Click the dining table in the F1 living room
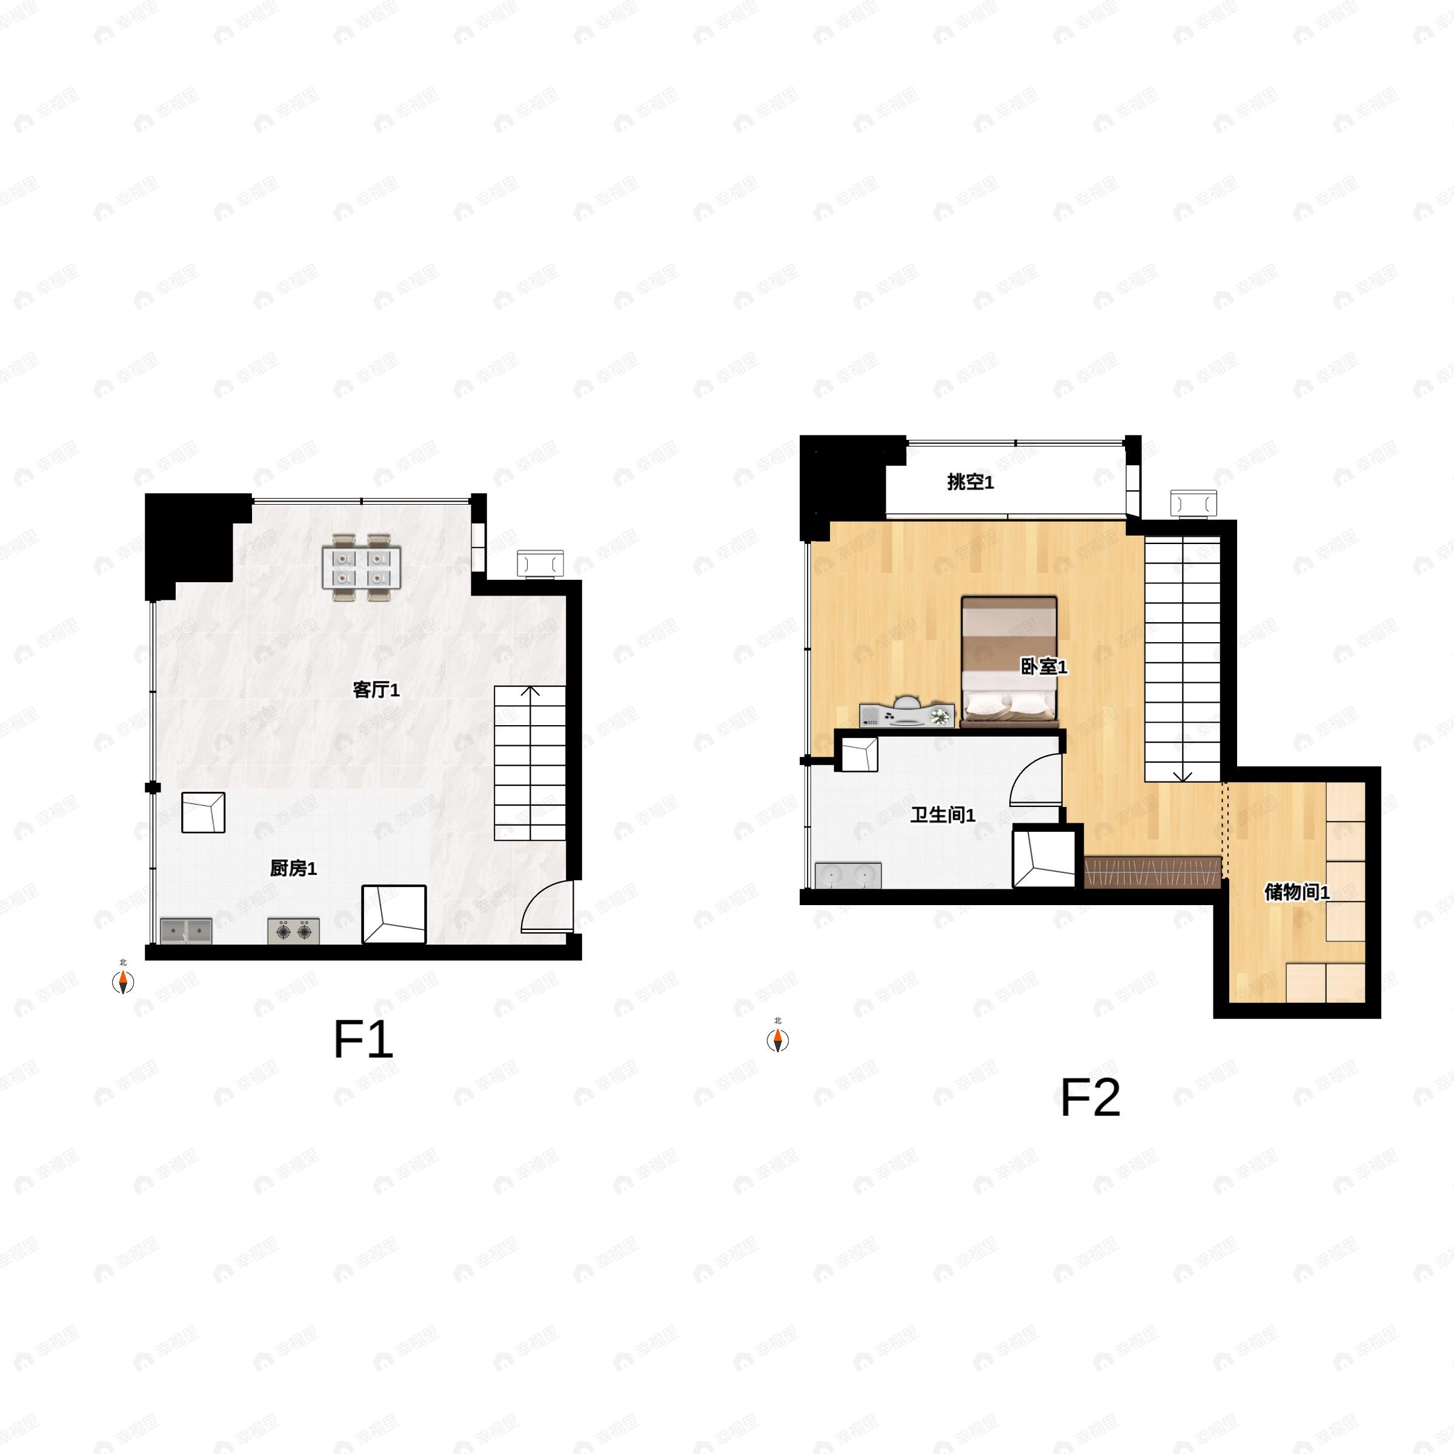(361, 568)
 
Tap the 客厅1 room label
(376, 690)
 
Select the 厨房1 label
(293, 869)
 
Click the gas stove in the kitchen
(293, 931)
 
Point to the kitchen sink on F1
(186, 931)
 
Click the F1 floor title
(363, 1040)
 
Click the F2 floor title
(1090, 1097)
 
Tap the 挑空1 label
(971, 482)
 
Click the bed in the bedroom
(1009, 662)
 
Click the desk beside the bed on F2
(908, 714)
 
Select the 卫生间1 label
(943, 815)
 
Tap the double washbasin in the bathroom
(848, 875)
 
